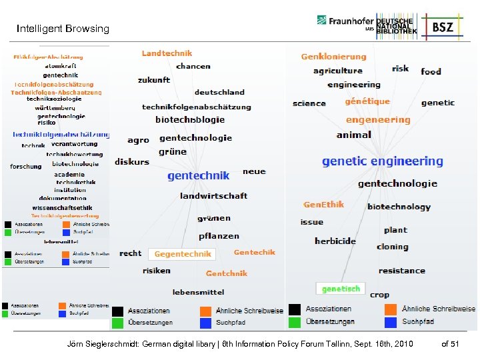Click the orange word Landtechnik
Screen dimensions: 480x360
coord(167,53)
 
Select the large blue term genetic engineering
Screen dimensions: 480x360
coord(382,161)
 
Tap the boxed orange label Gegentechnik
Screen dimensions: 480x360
coord(183,254)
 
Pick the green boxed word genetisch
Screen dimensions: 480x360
coord(341,289)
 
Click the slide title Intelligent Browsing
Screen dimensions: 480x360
coord(63,29)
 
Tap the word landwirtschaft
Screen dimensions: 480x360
coord(213,195)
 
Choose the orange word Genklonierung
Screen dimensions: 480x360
coord(333,57)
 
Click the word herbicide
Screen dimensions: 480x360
coord(335,241)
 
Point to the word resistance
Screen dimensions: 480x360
coord(401,271)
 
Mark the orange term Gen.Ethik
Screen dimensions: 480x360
coord(323,205)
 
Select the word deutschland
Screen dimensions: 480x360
coord(219,92)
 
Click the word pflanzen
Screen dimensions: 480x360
coord(219,236)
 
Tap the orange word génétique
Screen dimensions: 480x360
coord(367,101)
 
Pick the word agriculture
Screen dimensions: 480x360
coord(337,71)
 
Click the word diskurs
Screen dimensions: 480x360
coord(131,162)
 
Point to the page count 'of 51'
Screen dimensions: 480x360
coord(450,343)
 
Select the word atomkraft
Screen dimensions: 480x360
coord(61,66)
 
